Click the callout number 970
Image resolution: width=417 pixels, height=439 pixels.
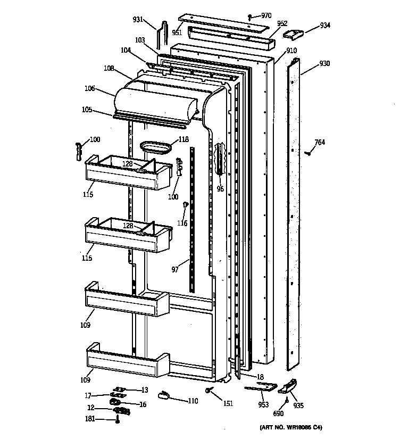pyautogui.click(x=266, y=15)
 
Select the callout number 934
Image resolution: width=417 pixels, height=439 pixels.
pyautogui.click(x=325, y=26)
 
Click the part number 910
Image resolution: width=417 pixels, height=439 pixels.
pyautogui.click(x=291, y=51)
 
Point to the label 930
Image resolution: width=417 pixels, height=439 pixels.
pyautogui.click(x=324, y=64)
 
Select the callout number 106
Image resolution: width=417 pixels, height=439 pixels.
pyautogui.click(x=89, y=88)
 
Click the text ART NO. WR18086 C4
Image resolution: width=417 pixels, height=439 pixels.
pyautogui.click(x=291, y=427)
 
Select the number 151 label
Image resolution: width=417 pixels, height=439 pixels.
pyautogui.click(x=228, y=403)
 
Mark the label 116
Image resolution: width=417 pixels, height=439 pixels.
pyautogui.click(x=182, y=223)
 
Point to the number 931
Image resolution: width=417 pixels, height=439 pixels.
pyautogui.click(x=138, y=20)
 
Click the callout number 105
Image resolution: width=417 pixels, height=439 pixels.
pyautogui.click(x=87, y=110)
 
